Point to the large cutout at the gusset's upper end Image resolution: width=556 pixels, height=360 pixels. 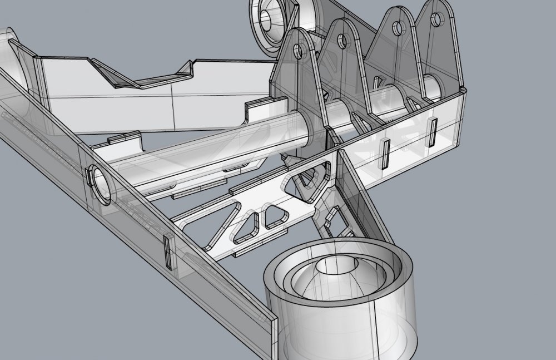click(x=311, y=179)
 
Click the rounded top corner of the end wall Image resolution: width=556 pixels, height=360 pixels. click(x=462, y=90)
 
